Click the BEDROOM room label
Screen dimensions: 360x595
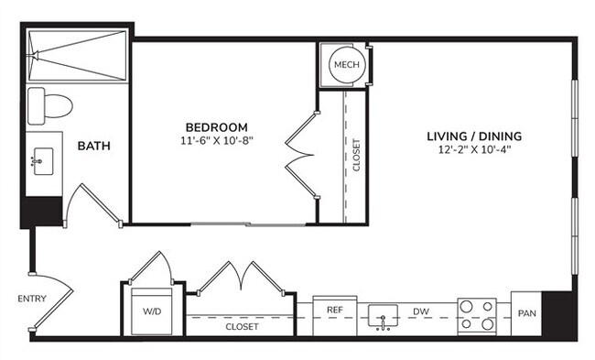(216, 127)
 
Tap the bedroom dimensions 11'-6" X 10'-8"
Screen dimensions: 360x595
(216, 141)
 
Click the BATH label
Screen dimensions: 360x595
(94, 146)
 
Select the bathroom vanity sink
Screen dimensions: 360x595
(41, 163)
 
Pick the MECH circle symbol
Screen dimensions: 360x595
(345, 64)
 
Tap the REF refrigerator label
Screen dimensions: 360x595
(335, 311)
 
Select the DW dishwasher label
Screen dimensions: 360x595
(421, 312)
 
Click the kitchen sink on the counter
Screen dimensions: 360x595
(382, 319)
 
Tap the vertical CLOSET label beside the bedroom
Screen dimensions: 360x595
(356, 156)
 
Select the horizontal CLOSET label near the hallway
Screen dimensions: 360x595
(243, 326)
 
